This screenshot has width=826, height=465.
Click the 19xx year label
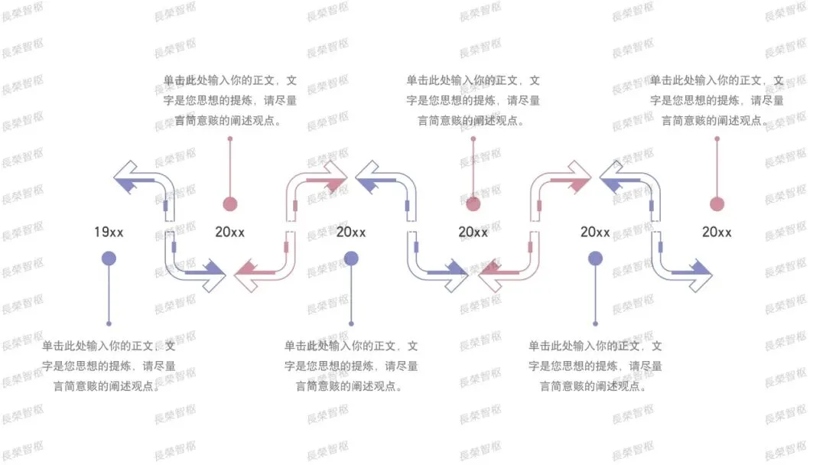coord(109,232)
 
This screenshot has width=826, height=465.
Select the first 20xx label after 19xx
coord(230,232)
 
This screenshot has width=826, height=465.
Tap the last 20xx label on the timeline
coord(717,232)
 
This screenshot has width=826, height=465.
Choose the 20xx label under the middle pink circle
coord(473,232)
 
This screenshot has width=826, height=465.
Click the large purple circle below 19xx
coord(109,259)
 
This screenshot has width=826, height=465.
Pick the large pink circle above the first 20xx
coord(230,203)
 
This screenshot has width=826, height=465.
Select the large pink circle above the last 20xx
coord(717,203)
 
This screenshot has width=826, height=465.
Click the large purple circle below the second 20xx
coord(351,259)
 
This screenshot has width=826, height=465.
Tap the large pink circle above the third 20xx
coord(473,203)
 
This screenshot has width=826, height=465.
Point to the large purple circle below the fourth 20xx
coord(595,259)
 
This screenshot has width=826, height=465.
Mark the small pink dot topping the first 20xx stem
coord(230,138)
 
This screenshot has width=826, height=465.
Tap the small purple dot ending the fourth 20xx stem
coord(595,324)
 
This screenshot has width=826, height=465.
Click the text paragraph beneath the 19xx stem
coord(109,366)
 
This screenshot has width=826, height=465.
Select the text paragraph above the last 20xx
coord(717,100)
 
